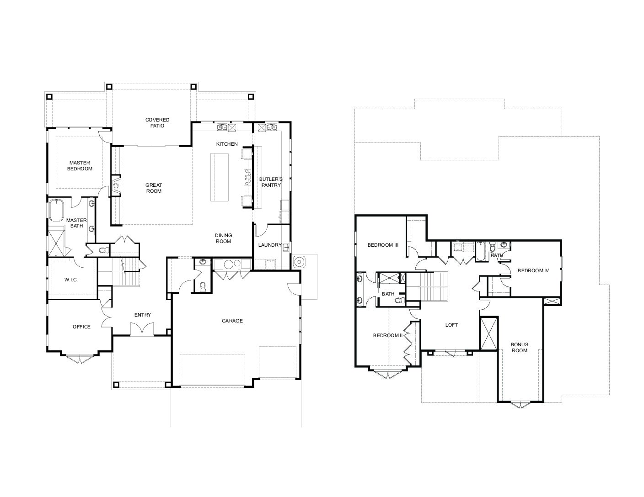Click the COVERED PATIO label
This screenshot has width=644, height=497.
pyautogui.click(x=157, y=122)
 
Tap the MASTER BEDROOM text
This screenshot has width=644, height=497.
pyautogui.click(x=80, y=165)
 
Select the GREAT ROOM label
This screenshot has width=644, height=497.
pyautogui.click(x=154, y=188)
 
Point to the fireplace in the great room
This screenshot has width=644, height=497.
pyautogui.click(x=116, y=185)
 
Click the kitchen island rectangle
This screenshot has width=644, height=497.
pyautogui.click(x=219, y=177)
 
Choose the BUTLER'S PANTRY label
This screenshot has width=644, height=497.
pyautogui.click(x=271, y=182)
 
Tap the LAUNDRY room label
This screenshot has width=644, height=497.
pyautogui.click(x=270, y=245)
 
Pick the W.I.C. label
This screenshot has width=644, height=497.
pyautogui.click(x=71, y=280)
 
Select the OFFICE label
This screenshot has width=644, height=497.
pyautogui.click(x=81, y=327)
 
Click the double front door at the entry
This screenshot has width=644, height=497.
pyautogui.click(x=142, y=329)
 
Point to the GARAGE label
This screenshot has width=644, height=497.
pyautogui.click(x=232, y=321)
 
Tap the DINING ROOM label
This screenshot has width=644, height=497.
pyautogui.click(x=223, y=238)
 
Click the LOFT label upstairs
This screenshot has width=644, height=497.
pyautogui.click(x=451, y=325)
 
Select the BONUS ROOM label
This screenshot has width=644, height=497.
pyautogui.click(x=519, y=347)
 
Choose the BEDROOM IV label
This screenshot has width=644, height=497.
pyautogui.click(x=533, y=270)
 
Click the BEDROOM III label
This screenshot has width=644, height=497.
pyautogui.click(x=383, y=245)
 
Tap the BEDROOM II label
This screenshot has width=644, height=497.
pyautogui.click(x=388, y=335)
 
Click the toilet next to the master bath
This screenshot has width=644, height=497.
pyautogui.click(x=103, y=250)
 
